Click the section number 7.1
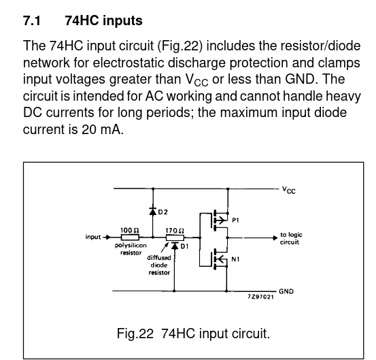(32, 20)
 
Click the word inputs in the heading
(122, 20)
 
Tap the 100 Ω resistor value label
(129, 230)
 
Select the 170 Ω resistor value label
(175, 231)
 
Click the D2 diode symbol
(153, 211)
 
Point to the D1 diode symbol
(175, 246)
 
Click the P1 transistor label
(235, 220)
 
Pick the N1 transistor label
(235, 259)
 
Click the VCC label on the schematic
(289, 190)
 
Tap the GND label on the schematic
(286, 291)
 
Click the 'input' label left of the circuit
(93, 237)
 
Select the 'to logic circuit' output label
(291, 238)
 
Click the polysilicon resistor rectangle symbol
(130, 238)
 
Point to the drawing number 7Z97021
(260, 297)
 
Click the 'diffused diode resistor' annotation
(159, 265)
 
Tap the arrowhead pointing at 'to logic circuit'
(275, 238)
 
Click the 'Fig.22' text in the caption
(135, 333)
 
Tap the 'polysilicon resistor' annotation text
(131, 249)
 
